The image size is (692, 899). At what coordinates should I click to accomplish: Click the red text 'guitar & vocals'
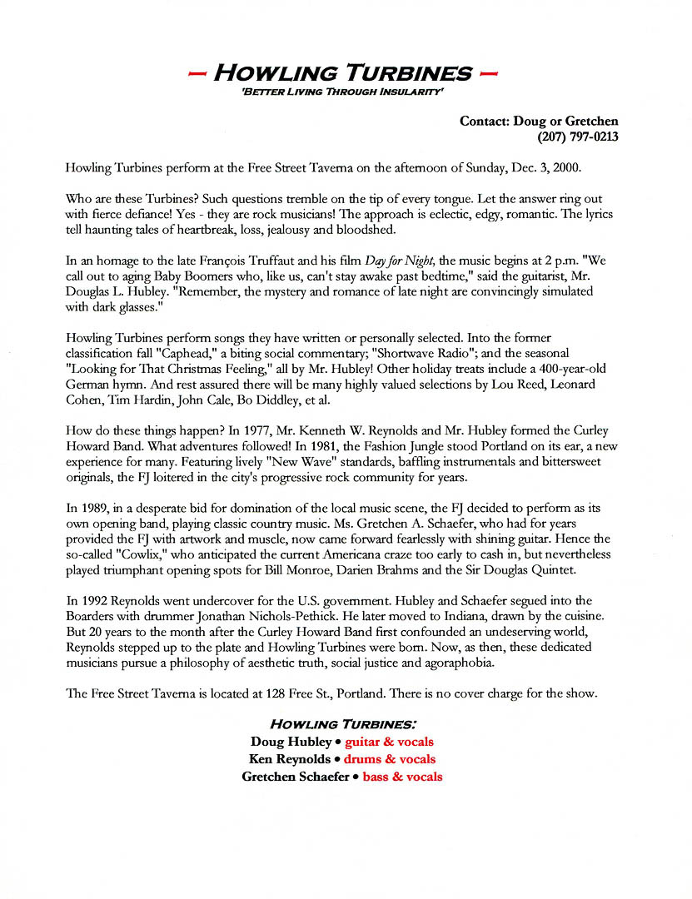[x=389, y=742]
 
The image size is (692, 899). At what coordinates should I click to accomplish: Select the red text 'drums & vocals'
[x=390, y=759]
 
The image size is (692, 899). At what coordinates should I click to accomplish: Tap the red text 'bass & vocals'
[x=402, y=777]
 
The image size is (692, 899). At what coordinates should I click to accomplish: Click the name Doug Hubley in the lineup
[x=291, y=742]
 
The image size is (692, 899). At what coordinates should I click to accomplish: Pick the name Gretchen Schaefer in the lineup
[x=295, y=777]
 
